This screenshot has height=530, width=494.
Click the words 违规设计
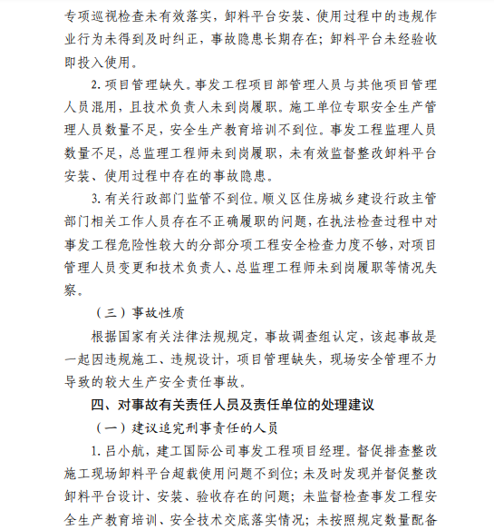click(x=189, y=360)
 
